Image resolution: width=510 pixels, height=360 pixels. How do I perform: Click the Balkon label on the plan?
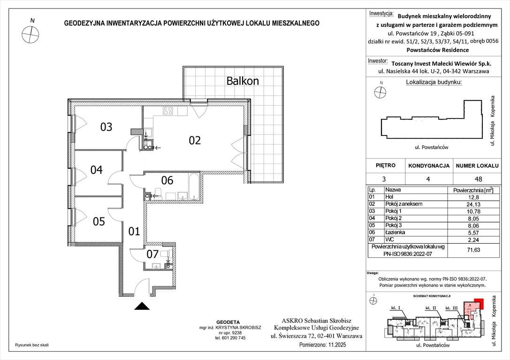click(x=243, y=81)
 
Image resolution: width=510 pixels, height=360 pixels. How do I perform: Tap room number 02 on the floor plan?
click(x=195, y=140)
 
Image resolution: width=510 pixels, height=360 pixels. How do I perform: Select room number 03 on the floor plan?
click(x=107, y=127)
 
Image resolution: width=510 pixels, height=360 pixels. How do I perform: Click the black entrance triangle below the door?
click(x=142, y=306)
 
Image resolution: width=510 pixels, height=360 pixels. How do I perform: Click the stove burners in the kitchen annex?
click(x=167, y=111)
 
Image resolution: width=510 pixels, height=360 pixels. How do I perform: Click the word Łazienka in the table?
click(x=395, y=232)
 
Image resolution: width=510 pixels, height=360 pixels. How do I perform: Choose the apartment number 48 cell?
click(x=478, y=179)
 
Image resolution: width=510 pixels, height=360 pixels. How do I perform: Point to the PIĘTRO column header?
click(x=386, y=165)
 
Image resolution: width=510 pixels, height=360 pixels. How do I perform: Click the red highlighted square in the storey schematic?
click(x=478, y=303)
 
